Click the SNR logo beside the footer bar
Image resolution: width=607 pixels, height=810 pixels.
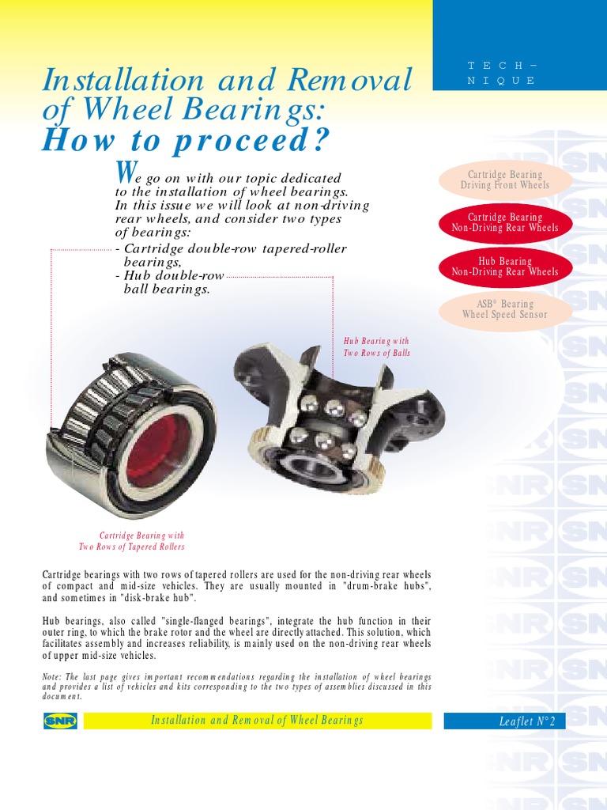pyautogui.click(x=60, y=721)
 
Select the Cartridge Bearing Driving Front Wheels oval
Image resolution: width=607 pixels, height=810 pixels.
pyautogui.click(x=505, y=180)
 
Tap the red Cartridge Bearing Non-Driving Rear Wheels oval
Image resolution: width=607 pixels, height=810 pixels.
pyautogui.click(x=505, y=222)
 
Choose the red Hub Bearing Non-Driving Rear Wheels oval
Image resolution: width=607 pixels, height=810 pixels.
pyautogui.click(x=505, y=267)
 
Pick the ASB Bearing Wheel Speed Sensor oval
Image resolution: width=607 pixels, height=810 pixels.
pyautogui.click(x=505, y=309)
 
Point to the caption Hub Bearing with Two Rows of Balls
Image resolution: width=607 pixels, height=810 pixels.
pyautogui.click(x=376, y=347)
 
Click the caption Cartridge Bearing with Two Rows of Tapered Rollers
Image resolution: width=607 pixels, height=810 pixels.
pyautogui.click(x=131, y=541)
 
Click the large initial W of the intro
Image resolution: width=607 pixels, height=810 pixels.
pyautogui.click(x=123, y=171)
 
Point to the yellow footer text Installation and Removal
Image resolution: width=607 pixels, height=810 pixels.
pyautogui.click(x=257, y=721)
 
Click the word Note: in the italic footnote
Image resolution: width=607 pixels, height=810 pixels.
pyautogui.click(x=54, y=677)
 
